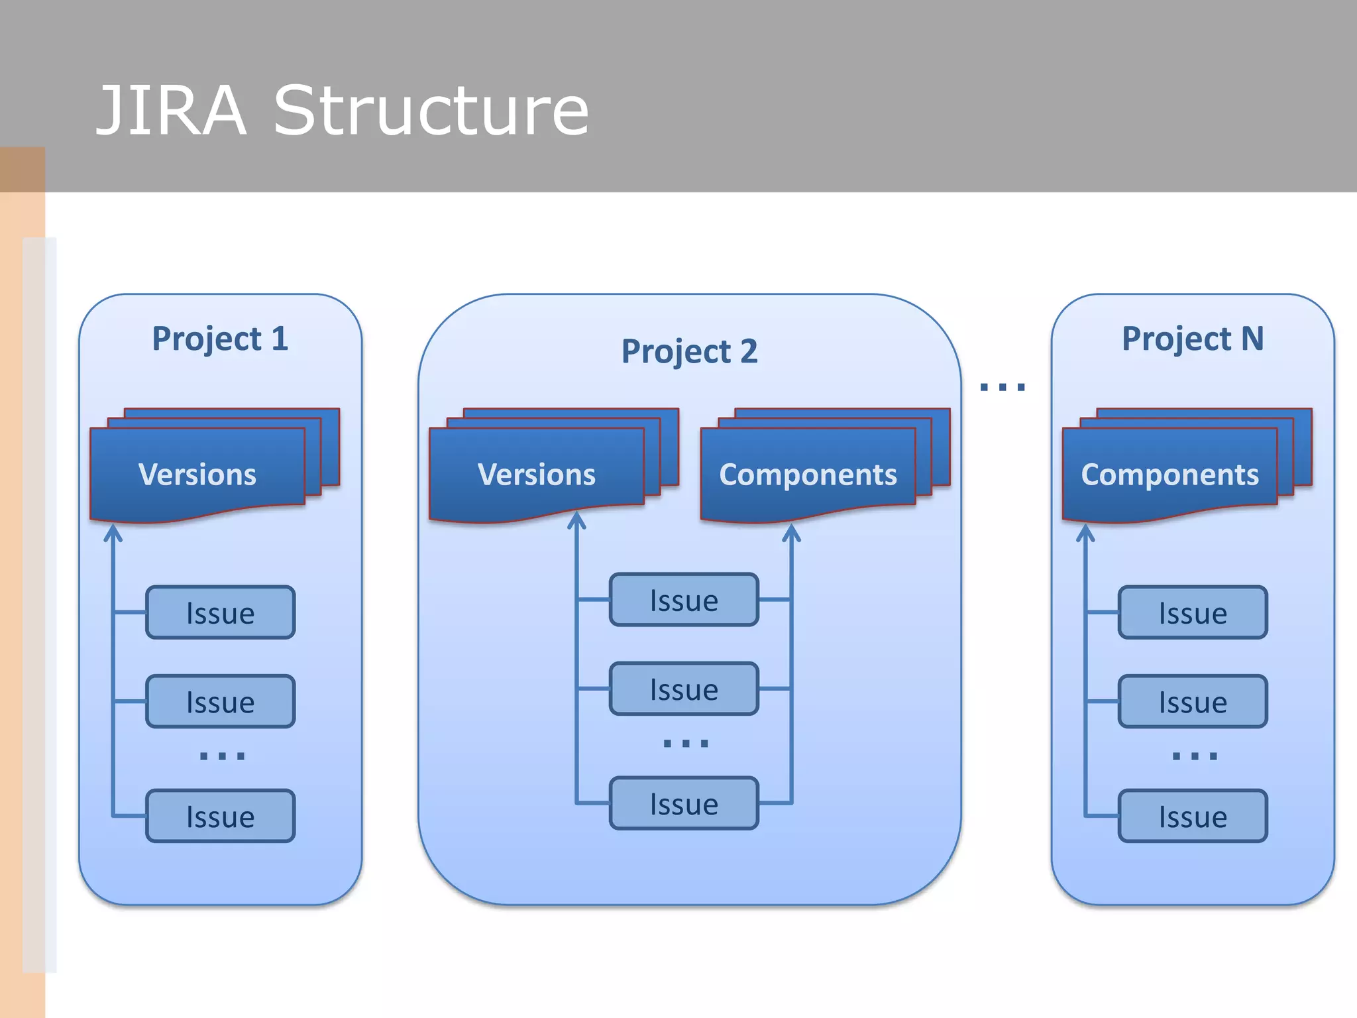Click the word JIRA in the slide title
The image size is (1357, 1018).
tap(171, 111)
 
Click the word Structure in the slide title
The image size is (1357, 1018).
tap(431, 111)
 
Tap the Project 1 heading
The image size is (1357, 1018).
tap(220, 339)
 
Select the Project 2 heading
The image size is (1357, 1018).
tap(689, 351)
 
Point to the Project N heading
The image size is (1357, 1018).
tap(1193, 339)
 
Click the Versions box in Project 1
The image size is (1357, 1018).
tap(197, 475)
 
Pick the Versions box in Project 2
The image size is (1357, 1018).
tap(537, 475)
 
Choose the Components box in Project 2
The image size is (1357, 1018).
tap(808, 475)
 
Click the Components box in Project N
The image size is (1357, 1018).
tap(1169, 475)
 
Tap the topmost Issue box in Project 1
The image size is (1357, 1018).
tap(220, 612)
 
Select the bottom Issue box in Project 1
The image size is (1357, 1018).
tap(220, 816)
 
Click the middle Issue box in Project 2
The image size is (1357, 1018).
tap(684, 689)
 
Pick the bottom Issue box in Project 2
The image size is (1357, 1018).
tap(684, 803)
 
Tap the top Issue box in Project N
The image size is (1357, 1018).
tap(1193, 612)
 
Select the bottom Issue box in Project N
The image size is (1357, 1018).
tap(1193, 816)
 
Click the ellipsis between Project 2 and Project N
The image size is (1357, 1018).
tap(1003, 387)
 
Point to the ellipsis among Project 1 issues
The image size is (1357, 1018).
tap(222, 756)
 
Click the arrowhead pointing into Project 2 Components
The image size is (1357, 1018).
tap(791, 532)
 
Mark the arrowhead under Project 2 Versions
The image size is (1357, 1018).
tap(576, 520)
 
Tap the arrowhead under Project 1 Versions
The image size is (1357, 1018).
tap(113, 533)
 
